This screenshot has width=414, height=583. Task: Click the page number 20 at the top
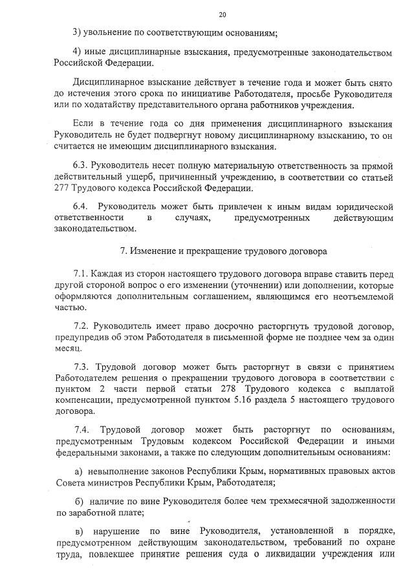point(223,15)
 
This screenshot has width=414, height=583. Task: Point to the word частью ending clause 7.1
point(68,308)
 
